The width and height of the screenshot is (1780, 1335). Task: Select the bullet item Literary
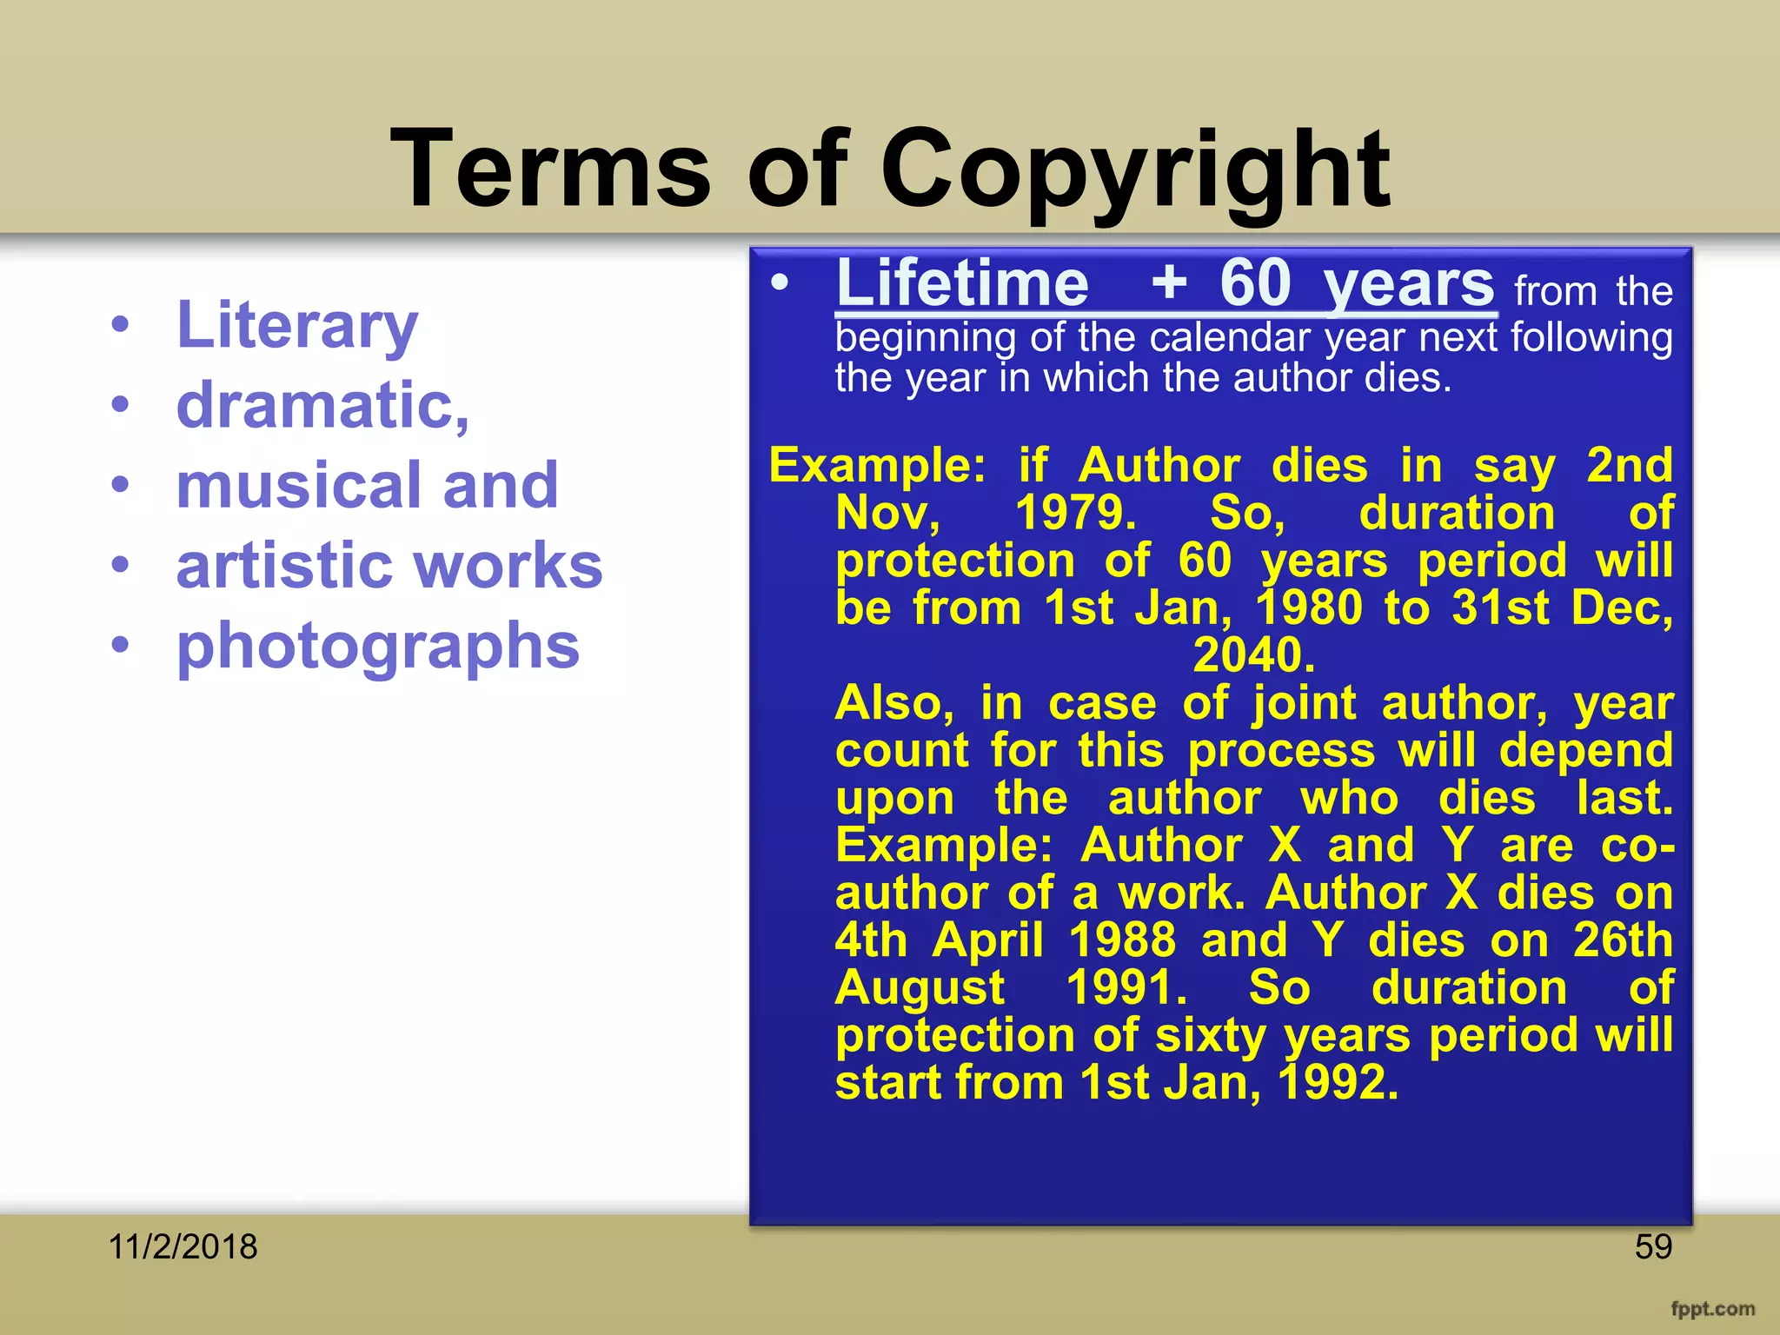[297, 325]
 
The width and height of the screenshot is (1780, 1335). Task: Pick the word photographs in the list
[378, 647]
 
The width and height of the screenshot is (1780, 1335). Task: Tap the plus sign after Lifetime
[1169, 282]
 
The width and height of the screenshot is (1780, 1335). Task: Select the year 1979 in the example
[1075, 513]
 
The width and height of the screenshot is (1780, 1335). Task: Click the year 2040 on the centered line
[1252, 655]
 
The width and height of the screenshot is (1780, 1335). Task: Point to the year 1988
[1122, 940]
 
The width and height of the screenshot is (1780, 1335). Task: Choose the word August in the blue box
[920, 988]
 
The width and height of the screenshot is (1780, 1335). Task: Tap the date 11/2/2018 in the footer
[183, 1247]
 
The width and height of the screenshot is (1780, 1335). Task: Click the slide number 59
[1653, 1247]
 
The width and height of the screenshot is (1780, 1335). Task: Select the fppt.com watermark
[1712, 1309]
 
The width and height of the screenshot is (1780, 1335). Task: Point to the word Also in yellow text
[893, 703]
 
